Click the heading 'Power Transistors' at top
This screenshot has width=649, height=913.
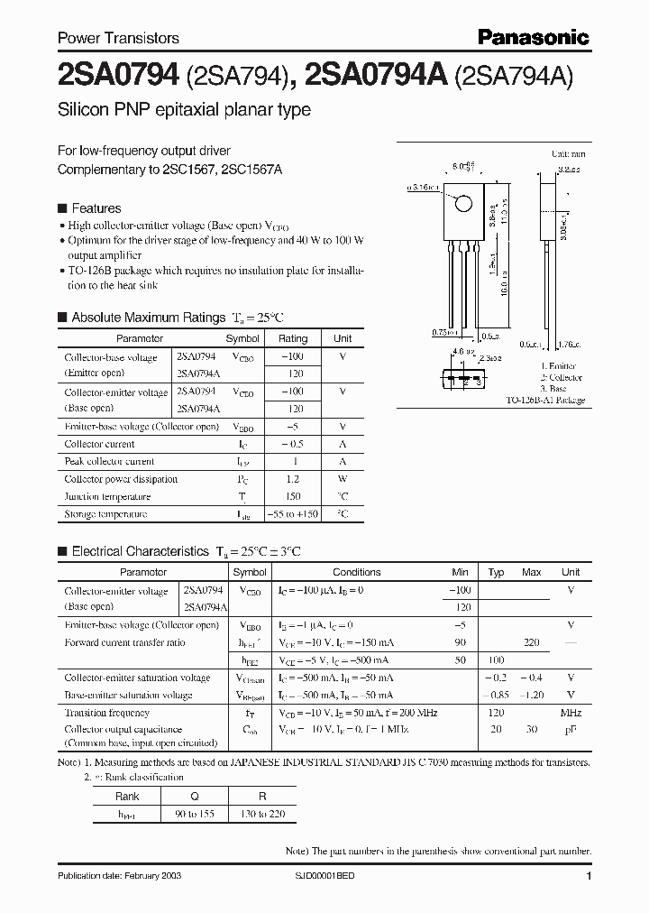coord(118,38)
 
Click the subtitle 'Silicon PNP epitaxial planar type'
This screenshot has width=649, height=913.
coord(184,110)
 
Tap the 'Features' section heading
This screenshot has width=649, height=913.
coord(96,207)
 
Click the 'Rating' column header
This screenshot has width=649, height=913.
coord(293,338)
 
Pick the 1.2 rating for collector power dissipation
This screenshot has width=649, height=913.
coord(293,479)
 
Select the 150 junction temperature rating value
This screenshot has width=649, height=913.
coord(293,496)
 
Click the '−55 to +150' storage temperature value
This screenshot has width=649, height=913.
coord(293,514)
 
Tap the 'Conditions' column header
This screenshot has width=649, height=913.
coord(356,572)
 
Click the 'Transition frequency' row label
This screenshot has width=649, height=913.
coord(106,712)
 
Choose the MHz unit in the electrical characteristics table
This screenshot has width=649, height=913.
coord(570,712)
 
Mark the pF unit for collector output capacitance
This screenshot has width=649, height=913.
coord(570,729)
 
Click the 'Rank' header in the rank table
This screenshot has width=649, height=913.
coord(127,797)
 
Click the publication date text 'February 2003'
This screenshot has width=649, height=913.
coord(121,877)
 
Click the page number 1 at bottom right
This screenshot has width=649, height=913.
coord(589,877)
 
